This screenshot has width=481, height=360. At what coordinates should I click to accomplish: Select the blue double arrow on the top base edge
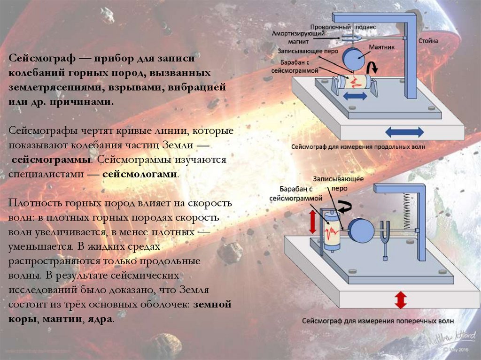[x=403, y=131]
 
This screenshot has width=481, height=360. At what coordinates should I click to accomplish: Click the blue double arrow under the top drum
[x=356, y=96]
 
